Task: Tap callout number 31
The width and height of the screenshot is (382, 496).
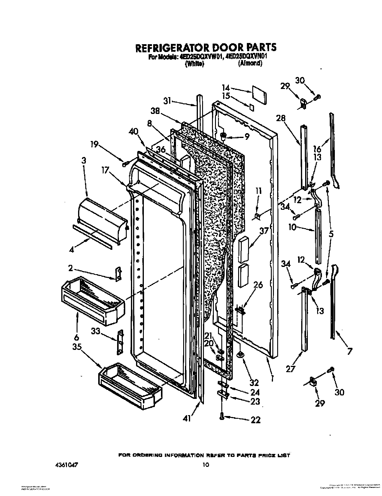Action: (167, 101)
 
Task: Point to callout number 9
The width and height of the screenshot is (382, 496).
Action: (247, 137)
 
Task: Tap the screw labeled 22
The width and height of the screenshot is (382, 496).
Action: (222, 416)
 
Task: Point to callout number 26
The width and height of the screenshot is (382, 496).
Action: (258, 285)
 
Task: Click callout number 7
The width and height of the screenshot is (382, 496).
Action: (349, 351)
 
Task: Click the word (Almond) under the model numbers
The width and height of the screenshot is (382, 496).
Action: (250, 63)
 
